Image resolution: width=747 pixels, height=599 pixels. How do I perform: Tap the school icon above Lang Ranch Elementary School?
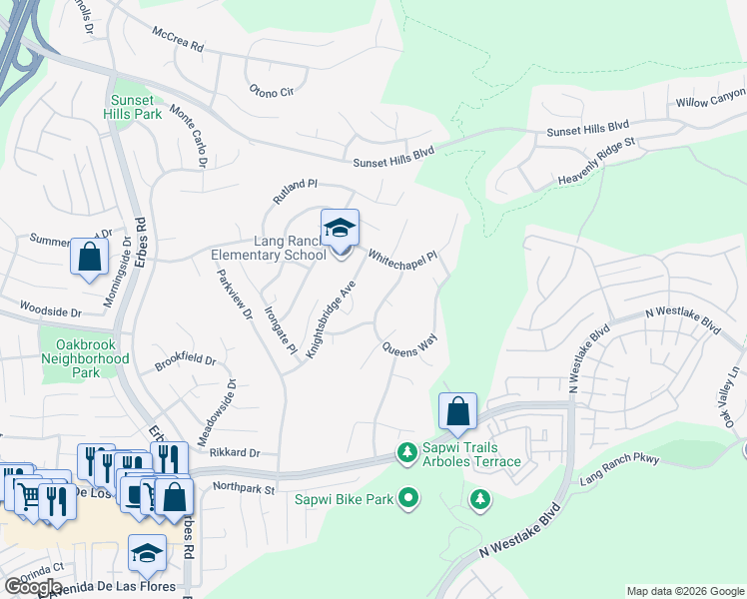(x=340, y=229)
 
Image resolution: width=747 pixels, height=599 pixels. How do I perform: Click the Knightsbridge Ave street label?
(x=332, y=318)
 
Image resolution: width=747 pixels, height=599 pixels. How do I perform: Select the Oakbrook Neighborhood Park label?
(x=86, y=358)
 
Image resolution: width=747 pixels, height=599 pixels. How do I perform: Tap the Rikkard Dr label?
(x=235, y=452)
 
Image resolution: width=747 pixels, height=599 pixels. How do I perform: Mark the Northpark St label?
(x=244, y=488)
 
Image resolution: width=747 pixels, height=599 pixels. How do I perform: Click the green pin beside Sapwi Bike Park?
(x=407, y=496)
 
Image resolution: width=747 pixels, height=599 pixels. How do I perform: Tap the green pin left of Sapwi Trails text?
(x=406, y=453)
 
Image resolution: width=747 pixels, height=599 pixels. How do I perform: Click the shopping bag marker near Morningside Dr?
(x=89, y=257)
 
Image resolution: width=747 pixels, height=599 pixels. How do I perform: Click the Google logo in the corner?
(x=33, y=587)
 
